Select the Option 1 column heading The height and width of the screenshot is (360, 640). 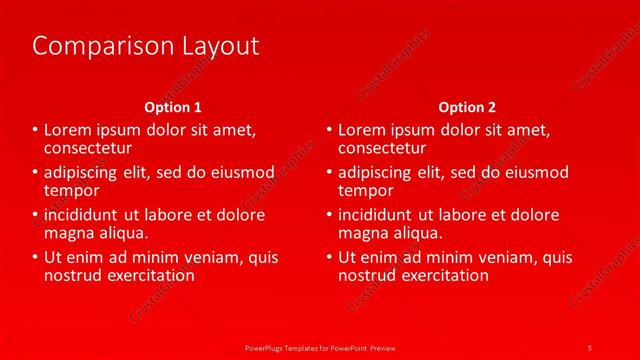coord(173,107)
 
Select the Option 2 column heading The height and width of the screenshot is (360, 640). coord(467,107)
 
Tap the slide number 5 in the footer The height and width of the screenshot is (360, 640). coord(590,346)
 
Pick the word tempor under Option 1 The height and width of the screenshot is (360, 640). coord(71,190)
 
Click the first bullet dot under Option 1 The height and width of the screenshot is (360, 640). coord(35,130)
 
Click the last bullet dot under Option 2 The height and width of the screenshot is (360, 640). coord(328,257)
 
